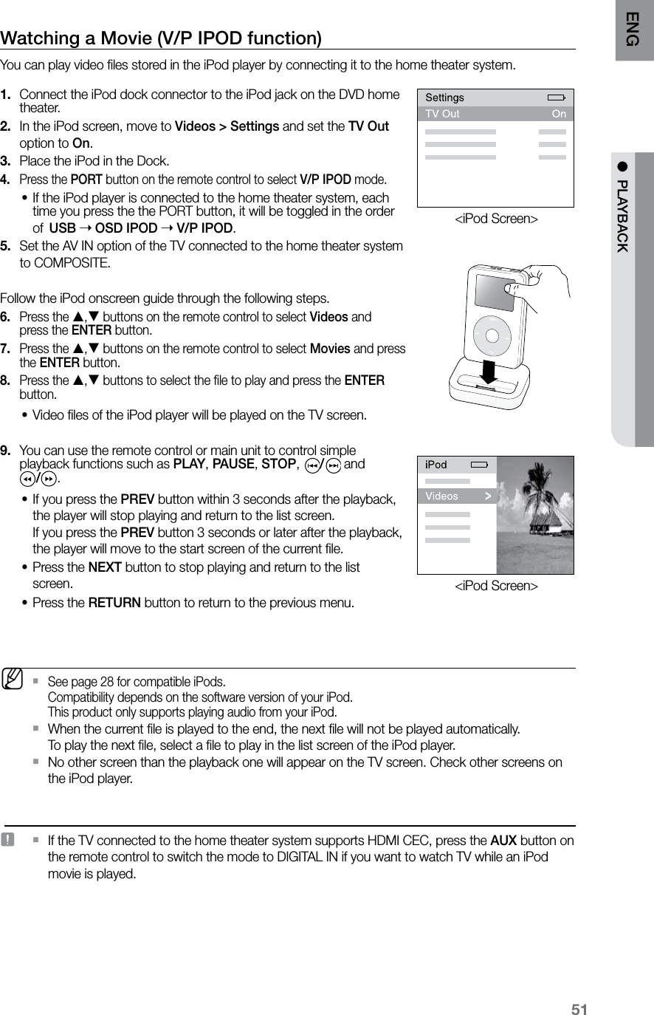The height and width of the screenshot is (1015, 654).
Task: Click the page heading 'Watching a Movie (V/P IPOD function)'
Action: point(161,38)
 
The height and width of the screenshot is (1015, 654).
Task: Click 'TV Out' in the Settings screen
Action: point(443,114)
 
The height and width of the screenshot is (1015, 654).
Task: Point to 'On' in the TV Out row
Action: point(559,114)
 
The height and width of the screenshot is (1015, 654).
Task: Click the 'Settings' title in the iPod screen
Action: point(445,98)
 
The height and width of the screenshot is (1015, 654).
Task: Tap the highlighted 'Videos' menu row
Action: point(458,496)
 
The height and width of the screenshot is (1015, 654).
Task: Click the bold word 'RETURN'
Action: point(114,603)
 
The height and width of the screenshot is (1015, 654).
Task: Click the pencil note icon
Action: point(12,678)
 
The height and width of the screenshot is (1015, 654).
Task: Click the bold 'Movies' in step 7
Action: point(329,349)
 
